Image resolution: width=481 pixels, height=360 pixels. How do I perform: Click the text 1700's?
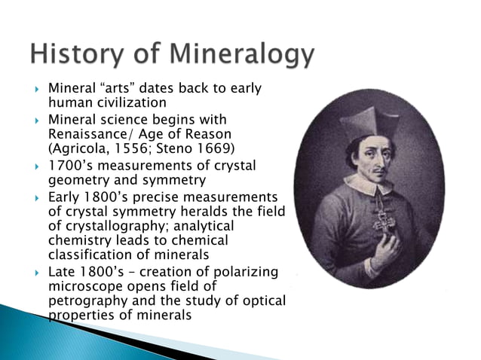tap(70, 166)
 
